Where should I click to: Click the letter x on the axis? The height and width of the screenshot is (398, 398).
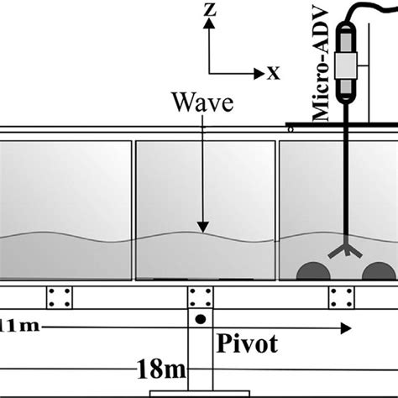click(x=274, y=73)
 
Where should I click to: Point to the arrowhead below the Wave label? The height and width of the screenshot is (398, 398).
click(x=202, y=226)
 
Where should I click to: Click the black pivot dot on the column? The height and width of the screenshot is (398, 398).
click(x=200, y=321)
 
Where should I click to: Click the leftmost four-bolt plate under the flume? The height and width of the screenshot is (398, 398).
click(x=59, y=297)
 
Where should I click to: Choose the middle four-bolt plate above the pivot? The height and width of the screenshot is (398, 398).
click(x=200, y=297)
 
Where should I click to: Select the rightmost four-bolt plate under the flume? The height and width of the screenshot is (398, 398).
click(x=341, y=297)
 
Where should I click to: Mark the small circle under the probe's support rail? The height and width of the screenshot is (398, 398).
click(x=291, y=129)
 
